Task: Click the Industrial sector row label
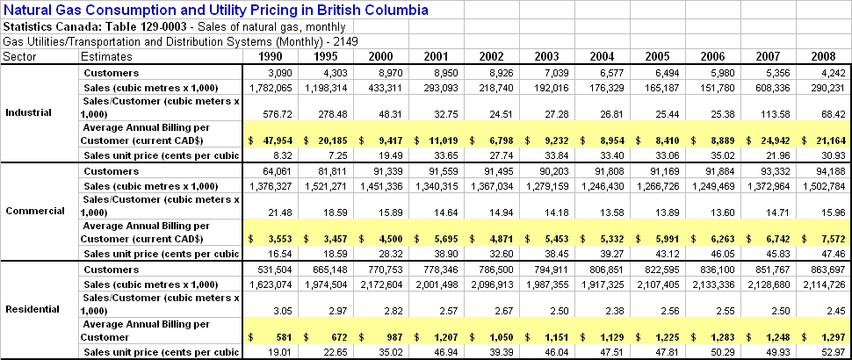(x=28, y=112)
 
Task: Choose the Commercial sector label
(x=32, y=211)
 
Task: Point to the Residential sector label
(x=32, y=309)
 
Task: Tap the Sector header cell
(x=18, y=55)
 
